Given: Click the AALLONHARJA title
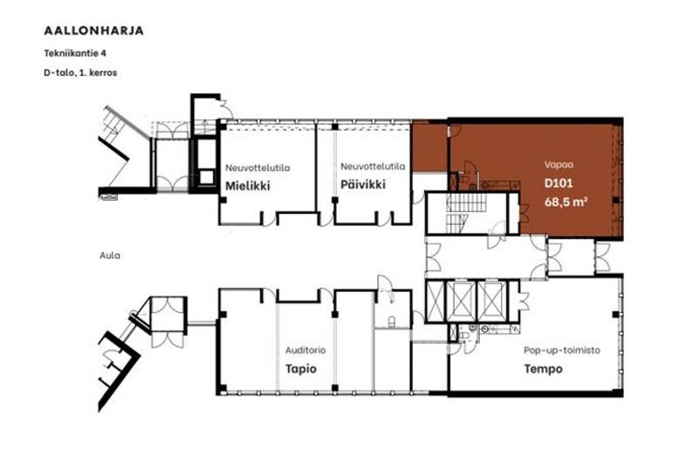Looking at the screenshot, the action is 93,31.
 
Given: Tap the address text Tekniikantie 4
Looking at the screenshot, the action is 75,53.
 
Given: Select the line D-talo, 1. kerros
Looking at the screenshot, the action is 80,72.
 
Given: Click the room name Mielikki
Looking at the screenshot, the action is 248,186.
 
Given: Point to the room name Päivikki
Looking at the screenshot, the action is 363,185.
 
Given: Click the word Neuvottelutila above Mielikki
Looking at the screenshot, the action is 257,167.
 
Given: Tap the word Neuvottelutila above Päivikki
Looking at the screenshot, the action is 373,167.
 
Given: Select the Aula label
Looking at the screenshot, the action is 110,256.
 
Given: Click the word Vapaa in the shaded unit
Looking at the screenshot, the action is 559,165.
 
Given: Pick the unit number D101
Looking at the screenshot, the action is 559,183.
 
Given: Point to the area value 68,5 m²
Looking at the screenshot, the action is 566,202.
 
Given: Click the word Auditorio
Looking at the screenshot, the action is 305,350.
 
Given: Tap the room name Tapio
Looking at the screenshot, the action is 301,369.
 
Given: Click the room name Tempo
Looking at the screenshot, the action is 544,369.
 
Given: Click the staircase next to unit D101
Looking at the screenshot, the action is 466,214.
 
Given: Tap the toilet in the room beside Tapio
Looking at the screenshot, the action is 392,322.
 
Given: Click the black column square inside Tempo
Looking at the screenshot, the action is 615,315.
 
